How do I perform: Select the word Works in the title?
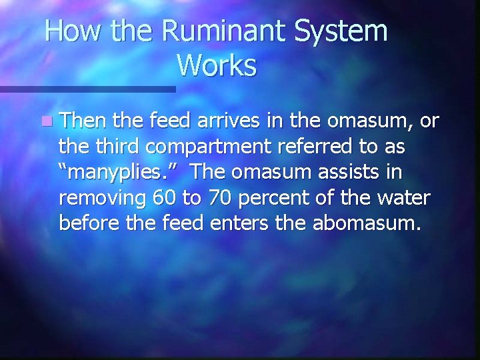pyautogui.click(x=217, y=65)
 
